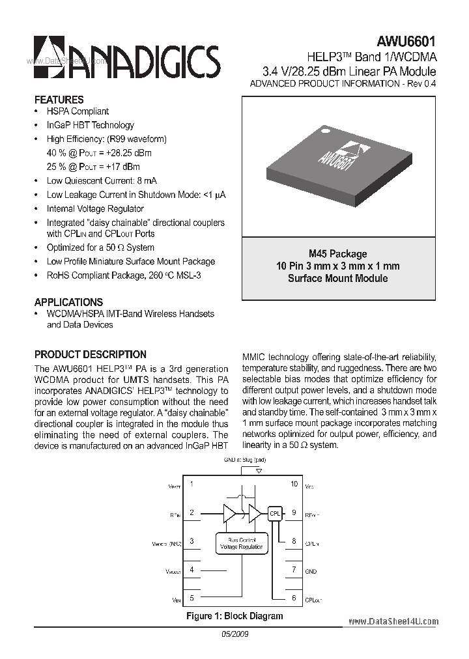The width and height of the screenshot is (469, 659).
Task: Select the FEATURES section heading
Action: [59, 100]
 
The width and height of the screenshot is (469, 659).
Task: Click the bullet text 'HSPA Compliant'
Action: [78, 111]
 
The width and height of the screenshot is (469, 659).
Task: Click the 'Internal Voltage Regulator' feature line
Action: [95, 208]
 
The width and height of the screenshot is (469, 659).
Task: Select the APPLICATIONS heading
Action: [68, 302]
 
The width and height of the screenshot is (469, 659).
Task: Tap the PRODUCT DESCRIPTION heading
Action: [90, 354]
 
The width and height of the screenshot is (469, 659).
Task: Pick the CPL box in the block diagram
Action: [274, 513]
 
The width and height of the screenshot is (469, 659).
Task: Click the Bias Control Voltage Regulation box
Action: [242, 543]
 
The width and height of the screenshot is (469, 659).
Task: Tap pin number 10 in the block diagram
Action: [294, 484]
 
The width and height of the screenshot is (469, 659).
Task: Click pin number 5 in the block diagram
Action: [192, 598]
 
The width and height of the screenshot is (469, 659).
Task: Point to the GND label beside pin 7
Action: [311, 571]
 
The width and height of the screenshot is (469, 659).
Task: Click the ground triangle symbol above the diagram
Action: [259, 470]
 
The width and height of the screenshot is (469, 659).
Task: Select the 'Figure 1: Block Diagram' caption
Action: [234, 616]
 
